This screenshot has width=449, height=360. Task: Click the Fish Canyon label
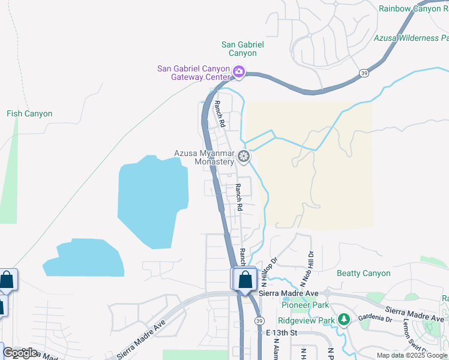click(x=29, y=113)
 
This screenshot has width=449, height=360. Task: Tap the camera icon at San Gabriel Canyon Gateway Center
click(x=239, y=73)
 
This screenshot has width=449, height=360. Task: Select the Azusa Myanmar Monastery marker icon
click(x=243, y=157)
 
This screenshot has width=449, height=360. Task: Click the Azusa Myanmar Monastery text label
click(x=204, y=157)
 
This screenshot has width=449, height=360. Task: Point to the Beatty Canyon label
click(x=364, y=273)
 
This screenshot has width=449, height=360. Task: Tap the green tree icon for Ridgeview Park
click(x=344, y=320)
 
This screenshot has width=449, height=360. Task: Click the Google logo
click(x=20, y=353)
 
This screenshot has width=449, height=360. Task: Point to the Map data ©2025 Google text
click(x=412, y=355)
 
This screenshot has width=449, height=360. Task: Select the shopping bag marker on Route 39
click(x=245, y=280)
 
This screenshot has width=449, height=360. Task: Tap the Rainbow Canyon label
click(x=414, y=8)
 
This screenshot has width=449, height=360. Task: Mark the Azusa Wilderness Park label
click(x=411, y=38)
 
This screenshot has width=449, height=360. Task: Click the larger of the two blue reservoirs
click(x=153, y=198)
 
